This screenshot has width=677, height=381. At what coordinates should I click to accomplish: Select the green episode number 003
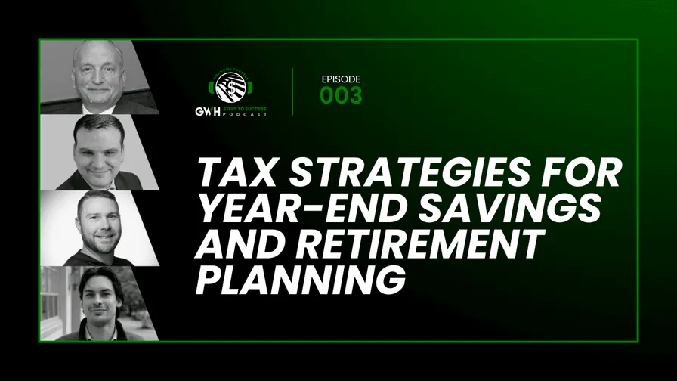pos(341,95)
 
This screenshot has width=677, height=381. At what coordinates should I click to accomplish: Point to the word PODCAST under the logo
pos(245,113)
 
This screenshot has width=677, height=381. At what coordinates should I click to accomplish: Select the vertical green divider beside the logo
pos(293,91)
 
